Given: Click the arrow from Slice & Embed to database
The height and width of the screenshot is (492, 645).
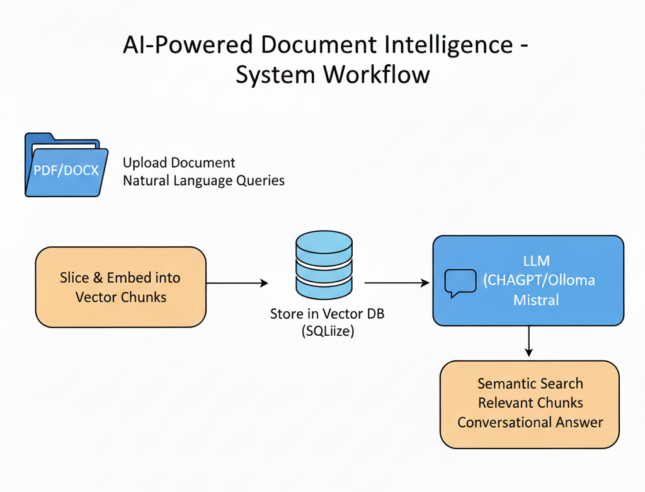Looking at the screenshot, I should [237, 283].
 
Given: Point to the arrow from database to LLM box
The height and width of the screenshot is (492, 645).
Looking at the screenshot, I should [397, 283].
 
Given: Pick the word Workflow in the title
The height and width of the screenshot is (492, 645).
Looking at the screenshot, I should [377, 74].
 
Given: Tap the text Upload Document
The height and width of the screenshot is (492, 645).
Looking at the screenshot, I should [179, 163].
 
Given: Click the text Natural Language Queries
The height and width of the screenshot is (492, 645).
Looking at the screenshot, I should [203, 181].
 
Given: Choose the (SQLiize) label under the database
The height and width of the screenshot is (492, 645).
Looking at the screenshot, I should [328, 331].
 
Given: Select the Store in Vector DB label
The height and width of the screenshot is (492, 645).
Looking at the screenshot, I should [328, 313].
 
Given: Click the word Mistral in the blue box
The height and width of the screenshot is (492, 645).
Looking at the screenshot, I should [536, 300].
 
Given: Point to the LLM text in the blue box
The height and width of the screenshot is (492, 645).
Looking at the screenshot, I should [537, 260].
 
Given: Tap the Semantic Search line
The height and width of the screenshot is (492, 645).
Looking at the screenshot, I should [530, 383].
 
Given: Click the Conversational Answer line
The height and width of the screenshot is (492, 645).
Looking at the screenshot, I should [530, 422].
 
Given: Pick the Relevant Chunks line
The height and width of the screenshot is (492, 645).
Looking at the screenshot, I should [530, 403].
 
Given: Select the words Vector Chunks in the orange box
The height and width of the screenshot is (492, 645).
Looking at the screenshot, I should [121, 297].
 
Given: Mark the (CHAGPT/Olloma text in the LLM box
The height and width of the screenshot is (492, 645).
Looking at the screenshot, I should [539, 280].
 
